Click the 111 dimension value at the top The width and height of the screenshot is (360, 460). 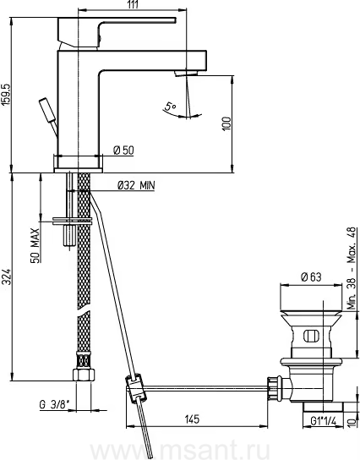point(133,4)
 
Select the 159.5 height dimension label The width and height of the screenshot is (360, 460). point(6,95)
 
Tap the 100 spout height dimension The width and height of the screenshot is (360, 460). point(227,123)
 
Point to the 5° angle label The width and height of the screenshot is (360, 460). point(170,106)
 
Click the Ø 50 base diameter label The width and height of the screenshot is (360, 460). point(123,151)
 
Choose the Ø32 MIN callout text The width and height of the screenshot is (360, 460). point(136,185)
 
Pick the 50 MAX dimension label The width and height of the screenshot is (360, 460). point(35,245)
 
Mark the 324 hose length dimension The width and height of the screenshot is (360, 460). point(6,277)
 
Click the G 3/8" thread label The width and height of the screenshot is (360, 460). point(55,405)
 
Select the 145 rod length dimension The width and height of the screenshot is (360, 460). point(192,419)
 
